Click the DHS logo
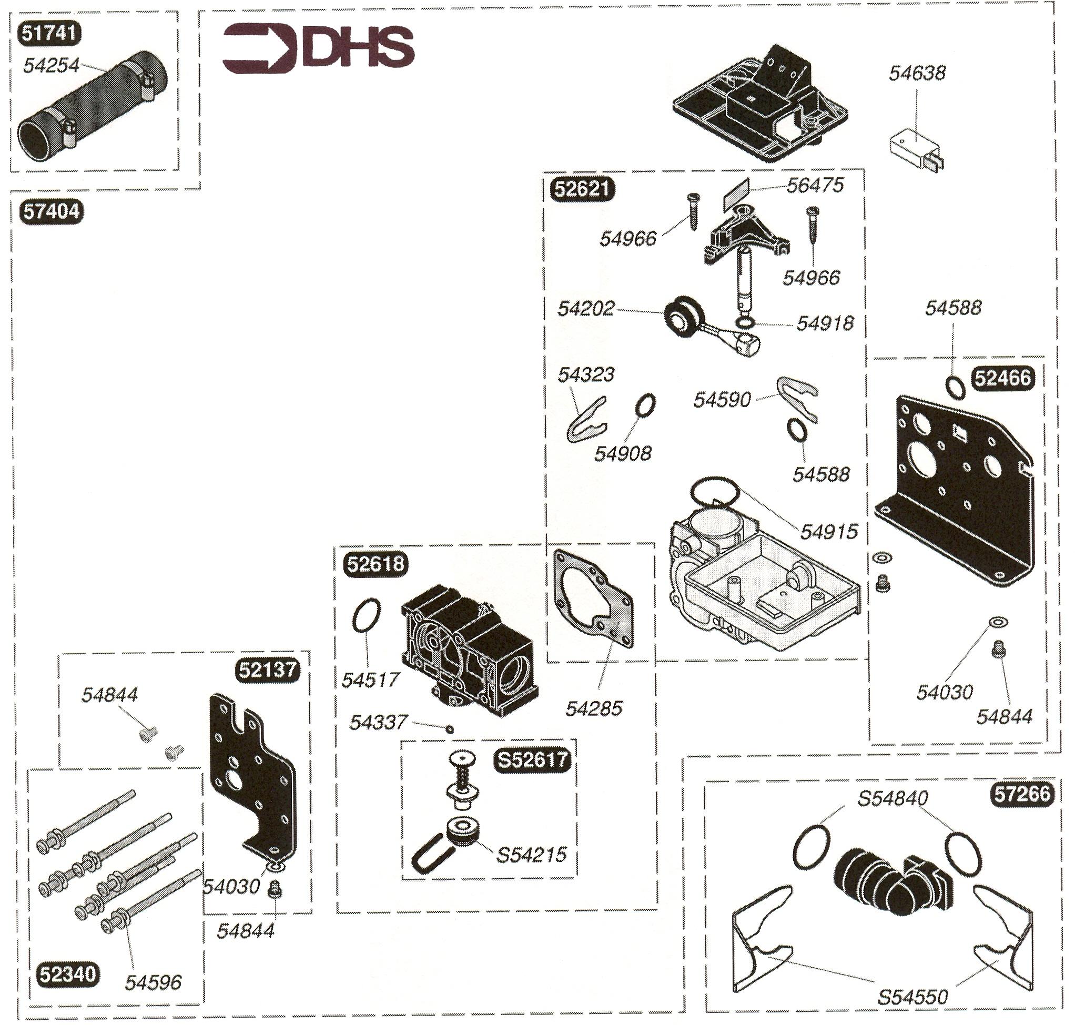pos(318,48)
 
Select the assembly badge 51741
pos(49,33)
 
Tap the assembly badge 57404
pos(52,211)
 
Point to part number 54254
pos(52,66)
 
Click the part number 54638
pos(917,73)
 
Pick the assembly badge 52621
pos(582,188)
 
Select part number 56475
pos(815,185)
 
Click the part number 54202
pos(585,309)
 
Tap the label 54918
pos(824,323)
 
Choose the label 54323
pos(586,375)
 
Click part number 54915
pos(828,531)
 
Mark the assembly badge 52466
pos(1002,378)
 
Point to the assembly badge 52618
pos(376,563)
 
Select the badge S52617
pos(531,760)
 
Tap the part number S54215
pos(531,855)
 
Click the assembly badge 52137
pos(267,669)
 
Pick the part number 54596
pos(153,983)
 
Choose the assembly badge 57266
pos(1021,794)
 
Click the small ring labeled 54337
pos(450,729)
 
